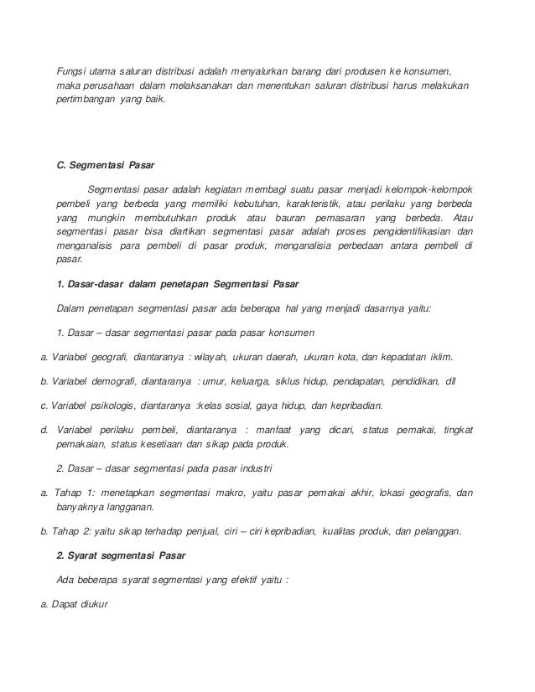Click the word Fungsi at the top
point(72,67)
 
